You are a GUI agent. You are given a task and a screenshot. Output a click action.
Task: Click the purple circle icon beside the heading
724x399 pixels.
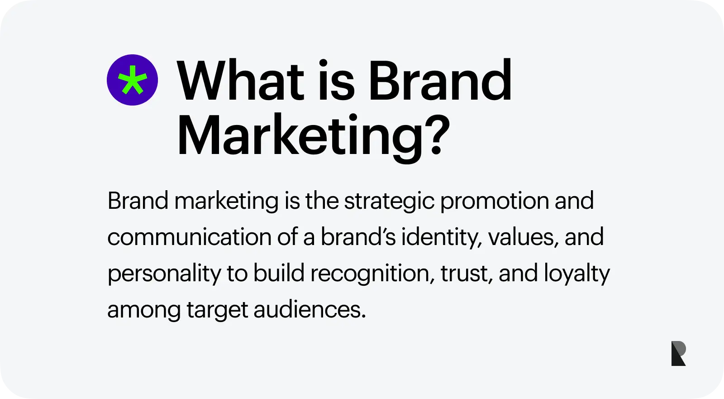pyautogui.click(x=132, y=80)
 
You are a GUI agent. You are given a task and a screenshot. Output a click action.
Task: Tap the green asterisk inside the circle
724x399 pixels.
pyautogui.click(x=133, y=80)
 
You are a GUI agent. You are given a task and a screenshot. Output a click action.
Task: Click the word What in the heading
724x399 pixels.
pyautogui.click(x=240, y=80)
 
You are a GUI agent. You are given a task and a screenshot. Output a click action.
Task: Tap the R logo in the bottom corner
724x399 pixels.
pyautogui.click(x=678, y=353)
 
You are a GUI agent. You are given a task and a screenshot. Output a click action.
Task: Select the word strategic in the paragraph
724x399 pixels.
pyautogui.click(x=389, y=201)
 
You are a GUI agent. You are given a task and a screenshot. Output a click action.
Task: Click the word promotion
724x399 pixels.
pyautogui.click(x=495, y=201)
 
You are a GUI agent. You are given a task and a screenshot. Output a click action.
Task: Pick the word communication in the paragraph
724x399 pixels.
pyautogui.click(x=190, y=236)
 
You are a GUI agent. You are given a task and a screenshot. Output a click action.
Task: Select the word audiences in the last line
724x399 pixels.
pyautogui.click(x=310, y=309)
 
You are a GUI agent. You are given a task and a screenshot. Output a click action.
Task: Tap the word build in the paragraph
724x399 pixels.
pyautogui.click(x=279, y=273)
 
